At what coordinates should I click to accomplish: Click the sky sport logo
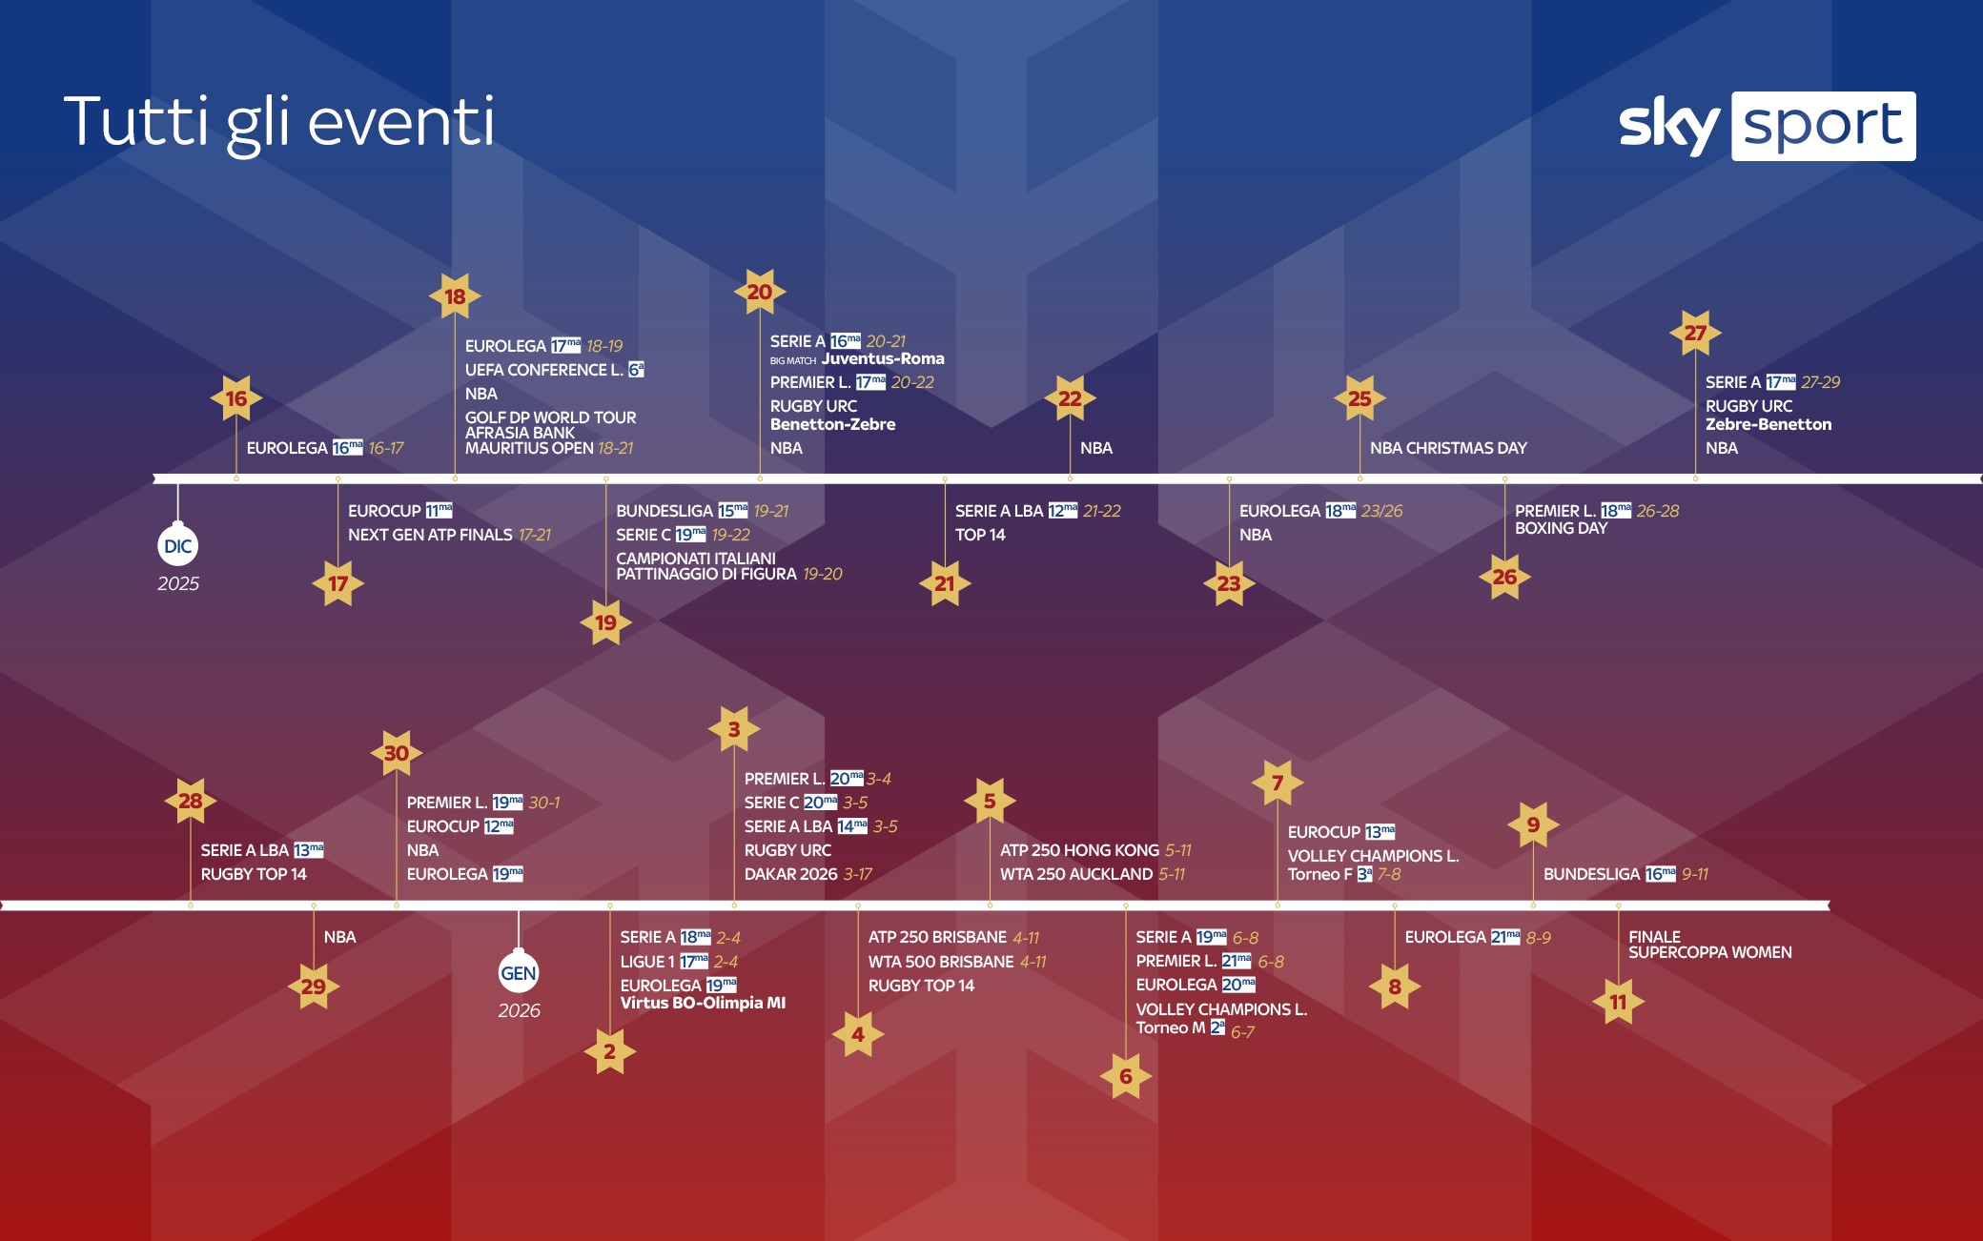(1767, 126)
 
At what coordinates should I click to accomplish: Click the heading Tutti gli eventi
(279, 123)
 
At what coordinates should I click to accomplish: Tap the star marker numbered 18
(455, 296)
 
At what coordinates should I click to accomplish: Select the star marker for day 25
(1359, 398)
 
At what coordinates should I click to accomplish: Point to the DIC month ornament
(177, 544)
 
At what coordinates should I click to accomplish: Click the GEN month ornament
(519, 971)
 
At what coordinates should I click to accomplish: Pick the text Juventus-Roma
(883, 359)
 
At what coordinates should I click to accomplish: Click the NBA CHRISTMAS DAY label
(1448, 448)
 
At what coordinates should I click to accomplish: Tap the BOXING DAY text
(1561, 528)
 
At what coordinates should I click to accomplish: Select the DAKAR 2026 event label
(791, 874)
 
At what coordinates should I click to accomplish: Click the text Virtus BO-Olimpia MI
(703, 1003)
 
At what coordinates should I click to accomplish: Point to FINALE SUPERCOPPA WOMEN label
(1710, 945)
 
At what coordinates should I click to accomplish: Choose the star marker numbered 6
(1126, 1076)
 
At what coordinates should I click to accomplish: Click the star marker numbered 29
(314, 987)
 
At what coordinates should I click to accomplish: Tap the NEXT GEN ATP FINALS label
(430, 535)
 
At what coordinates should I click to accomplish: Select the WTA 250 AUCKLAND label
(1076, 874)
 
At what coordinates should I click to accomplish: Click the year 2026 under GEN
(519, 1010)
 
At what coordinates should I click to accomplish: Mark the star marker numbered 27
(1695, 333)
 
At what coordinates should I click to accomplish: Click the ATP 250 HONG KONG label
(1080, 850)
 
